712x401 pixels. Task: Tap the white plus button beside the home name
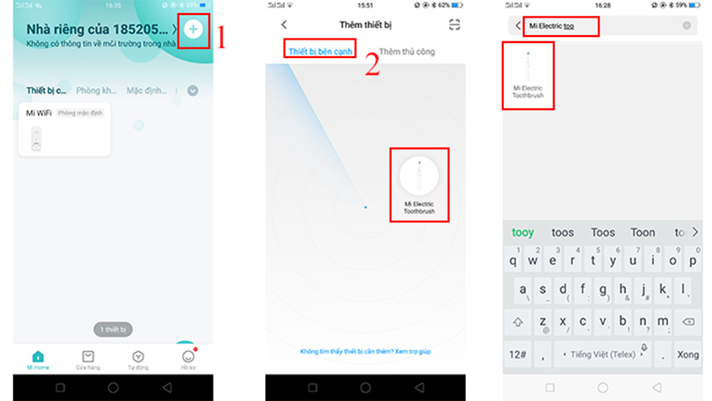tap(194, 30)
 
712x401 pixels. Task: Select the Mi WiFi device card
tap(63, 129)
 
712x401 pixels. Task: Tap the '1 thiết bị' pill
tap(113, 329)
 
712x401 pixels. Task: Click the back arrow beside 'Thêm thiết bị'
tap(283, 26)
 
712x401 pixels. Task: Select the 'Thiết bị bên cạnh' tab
tap(320, 51)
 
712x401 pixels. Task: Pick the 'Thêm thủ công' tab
tap(406, 52)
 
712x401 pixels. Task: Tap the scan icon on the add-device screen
tap(454, 26)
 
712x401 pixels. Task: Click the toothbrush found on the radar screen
tap(419, 182)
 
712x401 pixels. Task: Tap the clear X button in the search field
tap(687, 26)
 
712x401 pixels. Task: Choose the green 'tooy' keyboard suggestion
tap(523, 232)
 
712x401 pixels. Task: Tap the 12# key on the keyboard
tap(518, 354)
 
